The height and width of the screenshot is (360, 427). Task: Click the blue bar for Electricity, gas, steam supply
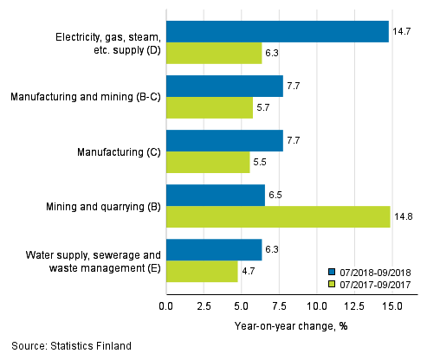277,32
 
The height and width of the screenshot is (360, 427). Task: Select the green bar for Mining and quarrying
278,216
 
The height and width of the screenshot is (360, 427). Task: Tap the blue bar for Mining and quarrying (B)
216,195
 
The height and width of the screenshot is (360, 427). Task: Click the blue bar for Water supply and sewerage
214,249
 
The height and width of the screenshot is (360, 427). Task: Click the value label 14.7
400,31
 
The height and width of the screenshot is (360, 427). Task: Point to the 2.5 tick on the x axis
204,306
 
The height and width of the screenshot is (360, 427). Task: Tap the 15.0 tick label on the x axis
391,306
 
